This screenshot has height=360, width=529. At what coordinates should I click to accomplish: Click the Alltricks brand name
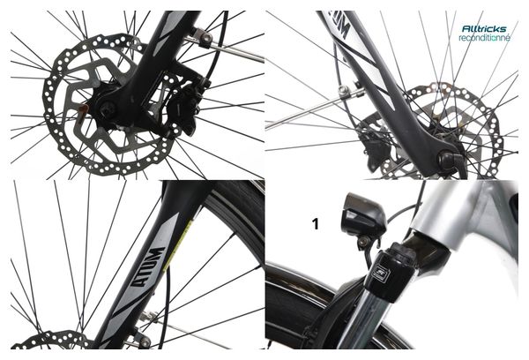click(484, 28)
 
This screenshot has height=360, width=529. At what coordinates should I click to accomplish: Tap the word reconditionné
click(484, 37)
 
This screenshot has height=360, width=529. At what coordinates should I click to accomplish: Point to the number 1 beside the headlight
click(316, 224)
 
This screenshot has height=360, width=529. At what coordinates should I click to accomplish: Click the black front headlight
click(363, 214)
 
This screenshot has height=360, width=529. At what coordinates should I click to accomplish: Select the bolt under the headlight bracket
click(362, 242)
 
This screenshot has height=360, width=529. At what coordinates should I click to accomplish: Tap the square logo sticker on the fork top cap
click(381, 271)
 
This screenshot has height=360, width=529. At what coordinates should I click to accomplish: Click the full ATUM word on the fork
click(148, 266)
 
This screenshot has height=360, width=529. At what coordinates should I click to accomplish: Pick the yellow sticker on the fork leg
click(178, 245)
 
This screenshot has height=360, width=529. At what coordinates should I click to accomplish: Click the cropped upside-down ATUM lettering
click(339, 24)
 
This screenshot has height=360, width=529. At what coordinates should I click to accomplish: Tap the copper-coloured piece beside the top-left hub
click(83, 110)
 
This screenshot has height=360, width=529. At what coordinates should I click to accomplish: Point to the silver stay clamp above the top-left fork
click(203, 37)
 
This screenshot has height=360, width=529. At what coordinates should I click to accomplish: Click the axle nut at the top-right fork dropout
click(447, 160)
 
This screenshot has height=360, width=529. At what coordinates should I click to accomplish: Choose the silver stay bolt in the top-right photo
click(343, 90)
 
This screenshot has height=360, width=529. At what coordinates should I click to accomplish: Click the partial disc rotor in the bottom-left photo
click(50, 340)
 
